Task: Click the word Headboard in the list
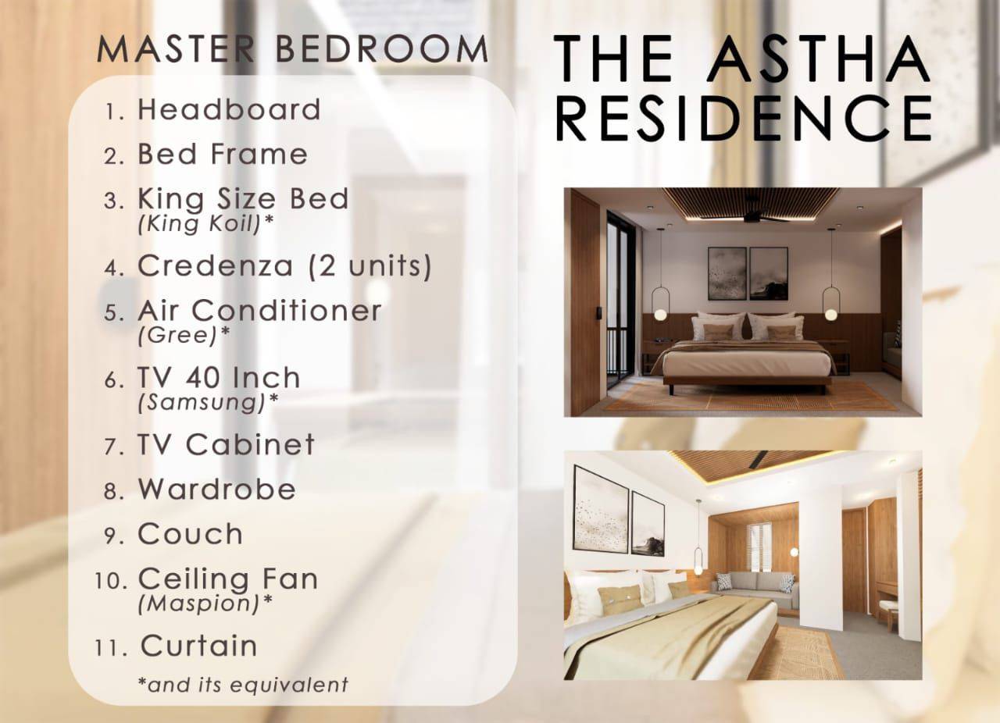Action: click(x=229, y=109)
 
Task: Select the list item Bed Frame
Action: click(x=223, y=154)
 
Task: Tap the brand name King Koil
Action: click(x=205, y=223)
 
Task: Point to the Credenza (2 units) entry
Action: click(x=284, y=265)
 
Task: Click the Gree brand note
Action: click(x=184, y=335)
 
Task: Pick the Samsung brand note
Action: click(x=208, y=402)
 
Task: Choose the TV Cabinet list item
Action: click(x=226, y=444)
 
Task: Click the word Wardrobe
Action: click(x=217, y=489)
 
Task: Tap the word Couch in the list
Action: click(x=190, y=534)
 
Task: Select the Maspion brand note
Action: click(x=205, y=604)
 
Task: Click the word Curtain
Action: click(x=199, y=646)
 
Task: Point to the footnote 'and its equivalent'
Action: click(x=243, y=685)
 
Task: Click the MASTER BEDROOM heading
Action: click(x=293, y=48)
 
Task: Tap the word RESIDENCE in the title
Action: click(x=745, y=119)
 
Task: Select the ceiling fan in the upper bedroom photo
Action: click(x=753, y=218)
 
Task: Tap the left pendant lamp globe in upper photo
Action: click(x=660, y=315)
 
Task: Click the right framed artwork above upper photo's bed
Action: click(x=768, y=274)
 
